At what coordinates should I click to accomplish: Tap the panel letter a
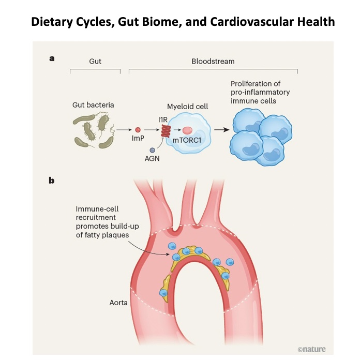[x=52, y=59]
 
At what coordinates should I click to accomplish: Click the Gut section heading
[x=95, y=61]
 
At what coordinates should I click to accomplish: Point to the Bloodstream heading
[x=213, y=61]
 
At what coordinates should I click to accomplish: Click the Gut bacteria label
[x=93, y=105]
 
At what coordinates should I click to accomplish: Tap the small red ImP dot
[x=138, y=130]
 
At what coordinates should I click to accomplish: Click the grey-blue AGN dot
[x=152, y=150]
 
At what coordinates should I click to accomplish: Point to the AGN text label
[x=152, y=159]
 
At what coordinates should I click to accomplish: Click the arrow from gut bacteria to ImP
[x=123, y=130]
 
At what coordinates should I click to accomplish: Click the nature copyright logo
[x=312, y=349]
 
